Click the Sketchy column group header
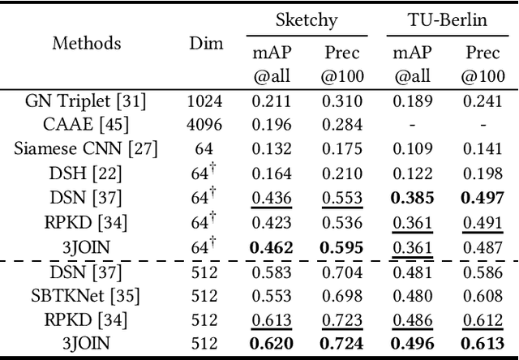[307, 19]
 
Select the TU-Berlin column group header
[447, 19]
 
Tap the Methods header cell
[87, 43]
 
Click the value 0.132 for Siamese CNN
[271, 148]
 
